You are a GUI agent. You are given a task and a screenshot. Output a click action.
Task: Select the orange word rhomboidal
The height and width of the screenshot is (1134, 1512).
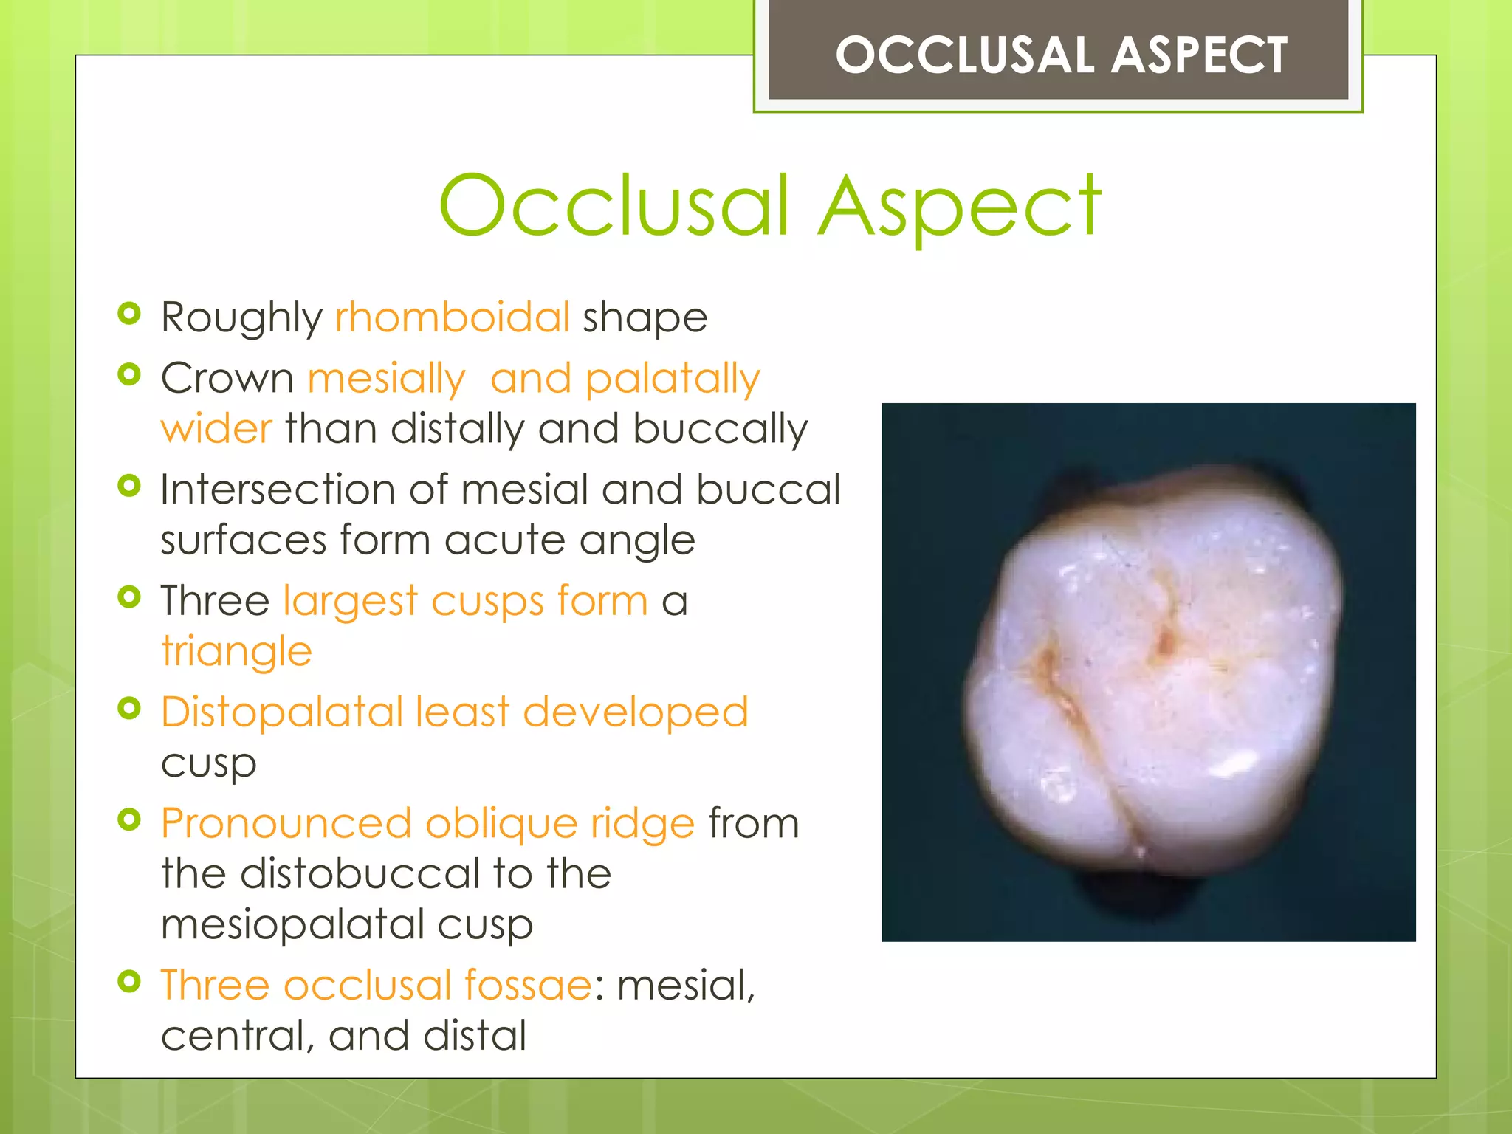click(452, 317)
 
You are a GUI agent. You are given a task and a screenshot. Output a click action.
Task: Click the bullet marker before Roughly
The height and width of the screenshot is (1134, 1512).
click(129, 313)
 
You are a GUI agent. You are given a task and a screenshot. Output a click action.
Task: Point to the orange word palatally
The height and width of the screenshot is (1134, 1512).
click(672, 379)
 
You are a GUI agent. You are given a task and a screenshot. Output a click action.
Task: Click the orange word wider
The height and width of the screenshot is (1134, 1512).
click(216, 429)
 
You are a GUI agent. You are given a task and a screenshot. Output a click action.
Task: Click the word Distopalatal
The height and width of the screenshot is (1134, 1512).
click(281, 712)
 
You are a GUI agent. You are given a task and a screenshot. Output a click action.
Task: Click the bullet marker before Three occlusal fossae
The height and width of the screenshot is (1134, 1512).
click(129, 981)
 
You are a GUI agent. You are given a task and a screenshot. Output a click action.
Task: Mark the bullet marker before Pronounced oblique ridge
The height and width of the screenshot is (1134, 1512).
click(129, 819)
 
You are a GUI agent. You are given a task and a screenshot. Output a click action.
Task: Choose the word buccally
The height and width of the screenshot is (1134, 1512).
click(720, 430)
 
